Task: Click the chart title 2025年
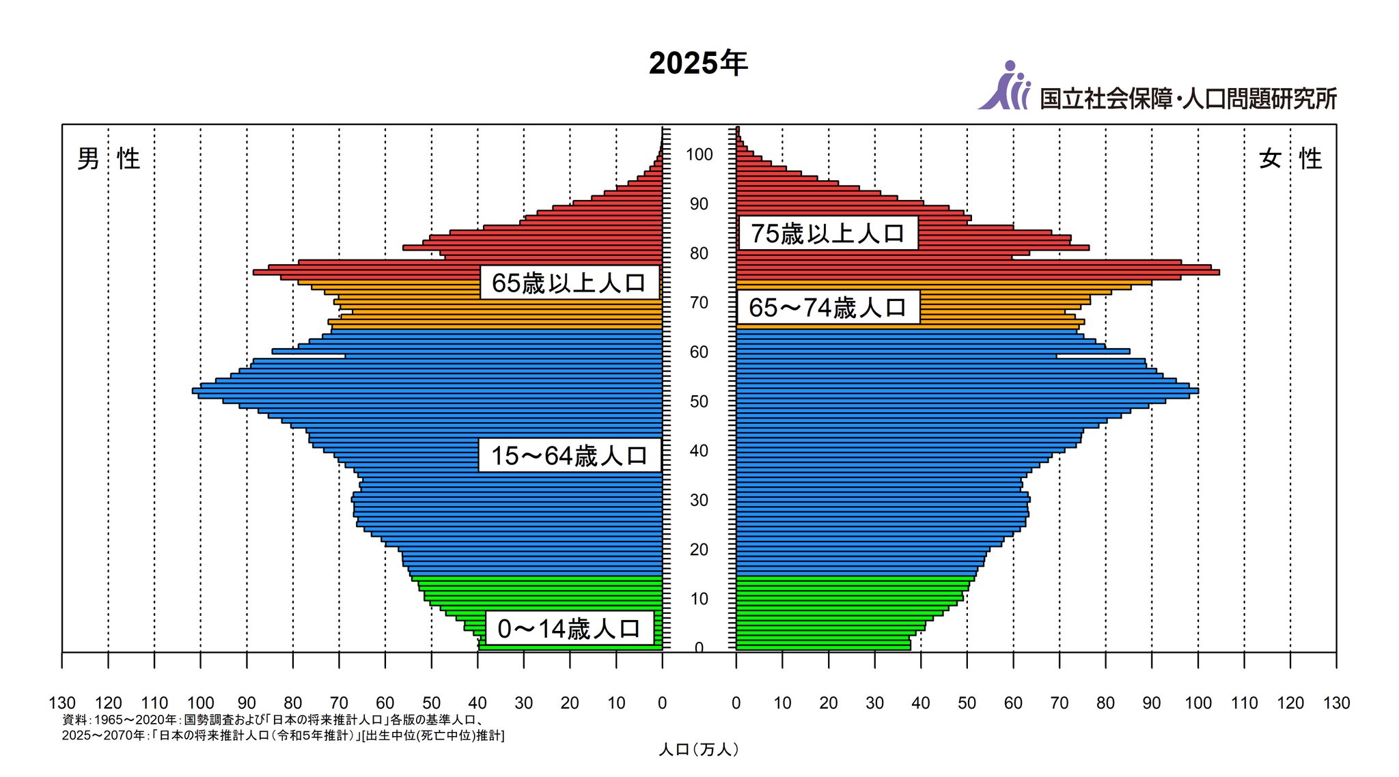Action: coord(698,63)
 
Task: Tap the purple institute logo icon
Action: coord(1003,87)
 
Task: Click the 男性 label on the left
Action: coord(109,159)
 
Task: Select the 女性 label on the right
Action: coord(1290,159)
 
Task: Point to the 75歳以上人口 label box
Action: coord(828,234)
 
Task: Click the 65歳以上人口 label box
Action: coord(569,283)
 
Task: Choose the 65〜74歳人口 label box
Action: coord(828,308)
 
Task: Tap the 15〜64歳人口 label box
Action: coord(569,455)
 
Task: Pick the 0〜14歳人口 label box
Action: coord(569,629)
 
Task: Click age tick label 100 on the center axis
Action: coord(699,155)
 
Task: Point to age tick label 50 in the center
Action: coord(699,401)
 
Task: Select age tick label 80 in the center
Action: coord(699,253)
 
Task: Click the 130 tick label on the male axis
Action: coord(62,703)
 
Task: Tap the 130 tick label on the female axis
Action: coord(1336,703)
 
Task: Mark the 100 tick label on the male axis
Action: coord(200,703)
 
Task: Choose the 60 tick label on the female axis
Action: coord(1013,703)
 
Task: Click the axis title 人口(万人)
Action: coord(698,750)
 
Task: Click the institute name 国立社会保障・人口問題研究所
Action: coord(1188,99)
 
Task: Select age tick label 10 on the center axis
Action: coord(699,599)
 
